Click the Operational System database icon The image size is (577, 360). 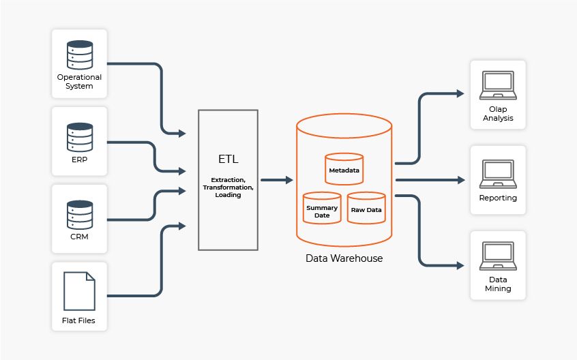[x=79, y=54]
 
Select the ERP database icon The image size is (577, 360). [x=79, y=136]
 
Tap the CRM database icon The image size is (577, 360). [x=79, y=214]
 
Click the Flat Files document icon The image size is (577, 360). [x=79, y=291]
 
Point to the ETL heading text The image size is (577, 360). [x=228, y=160]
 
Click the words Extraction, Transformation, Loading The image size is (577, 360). [x=228, y=186]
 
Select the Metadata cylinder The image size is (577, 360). [x=344, y=169]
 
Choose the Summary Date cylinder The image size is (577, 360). [x=322, y=209]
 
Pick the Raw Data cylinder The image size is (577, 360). [x=366, y=208]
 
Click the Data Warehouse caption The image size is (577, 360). [x=344, y=258]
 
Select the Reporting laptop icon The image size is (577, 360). [x=498, y=173]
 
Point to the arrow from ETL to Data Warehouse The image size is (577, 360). [x=276, y=180]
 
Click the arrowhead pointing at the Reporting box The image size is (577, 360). [x=461, y=180]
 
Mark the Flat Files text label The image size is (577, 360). [x=79, y=319]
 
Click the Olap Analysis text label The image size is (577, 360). [x=498, y=114]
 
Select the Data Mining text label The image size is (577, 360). [x=498, y=284]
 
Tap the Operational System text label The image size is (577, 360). [x=79, y=82]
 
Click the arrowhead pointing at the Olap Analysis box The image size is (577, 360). [x=461, y=93]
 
